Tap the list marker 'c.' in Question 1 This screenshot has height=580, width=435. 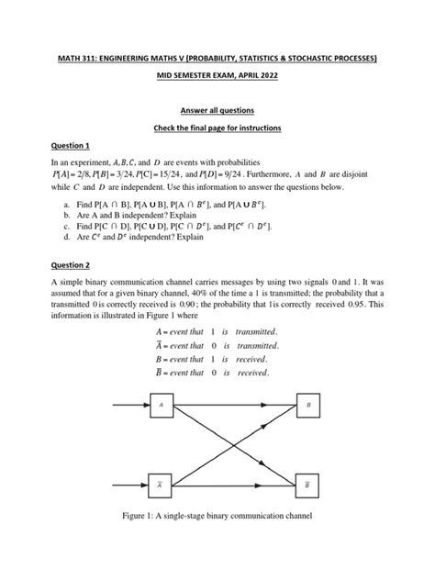coord(66,225)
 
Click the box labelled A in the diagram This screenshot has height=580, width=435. coord(162,404)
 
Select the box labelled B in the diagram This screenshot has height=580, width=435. coord(308,404)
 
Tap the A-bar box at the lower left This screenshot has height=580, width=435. coord(162,482)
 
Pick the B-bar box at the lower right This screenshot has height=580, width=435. coord(308,482)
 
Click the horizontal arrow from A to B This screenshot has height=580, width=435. coord(234,404)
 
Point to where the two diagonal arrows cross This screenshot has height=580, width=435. coord(234,443)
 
